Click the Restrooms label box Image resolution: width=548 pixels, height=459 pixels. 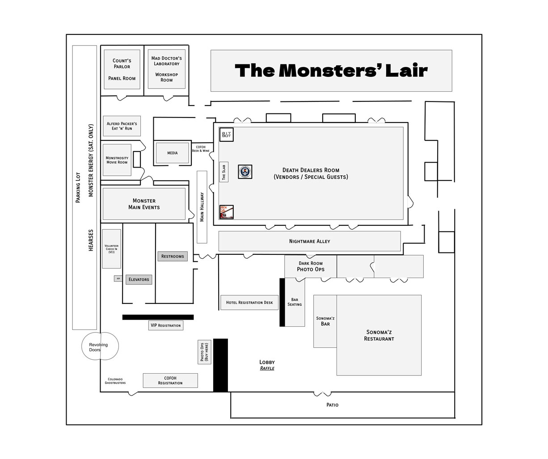tap(173, 256)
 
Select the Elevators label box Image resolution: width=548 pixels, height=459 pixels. tap(139, 279)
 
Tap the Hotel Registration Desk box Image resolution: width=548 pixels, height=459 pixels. tap(249, 303)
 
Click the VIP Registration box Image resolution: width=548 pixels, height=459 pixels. tap(166, 325)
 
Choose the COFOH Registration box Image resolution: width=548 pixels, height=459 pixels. tap(170, 380)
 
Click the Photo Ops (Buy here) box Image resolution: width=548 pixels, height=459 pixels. tap(205, 352)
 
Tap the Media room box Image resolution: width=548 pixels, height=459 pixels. tap(172, 153)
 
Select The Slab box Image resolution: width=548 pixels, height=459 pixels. tap(224, 172)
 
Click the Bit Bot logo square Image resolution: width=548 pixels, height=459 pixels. tap(227, 134)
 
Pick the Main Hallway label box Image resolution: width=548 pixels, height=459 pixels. tap(202, 207)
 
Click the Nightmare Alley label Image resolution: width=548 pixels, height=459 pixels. tap(309, 241)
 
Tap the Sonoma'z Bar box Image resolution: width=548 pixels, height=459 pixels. tap(325, 321)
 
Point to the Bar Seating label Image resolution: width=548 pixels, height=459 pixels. tap(295, 302)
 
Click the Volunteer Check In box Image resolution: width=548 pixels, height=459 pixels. tap(111, 249)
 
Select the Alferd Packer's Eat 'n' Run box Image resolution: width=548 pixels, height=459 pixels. tap(122, 126)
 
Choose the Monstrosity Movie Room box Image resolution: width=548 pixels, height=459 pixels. tap(117, 160)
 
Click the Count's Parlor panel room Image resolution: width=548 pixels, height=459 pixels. tap(122, 69)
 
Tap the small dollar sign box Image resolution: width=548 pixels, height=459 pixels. tap(118, 278)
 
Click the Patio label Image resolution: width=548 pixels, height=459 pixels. tap(332, 405)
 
